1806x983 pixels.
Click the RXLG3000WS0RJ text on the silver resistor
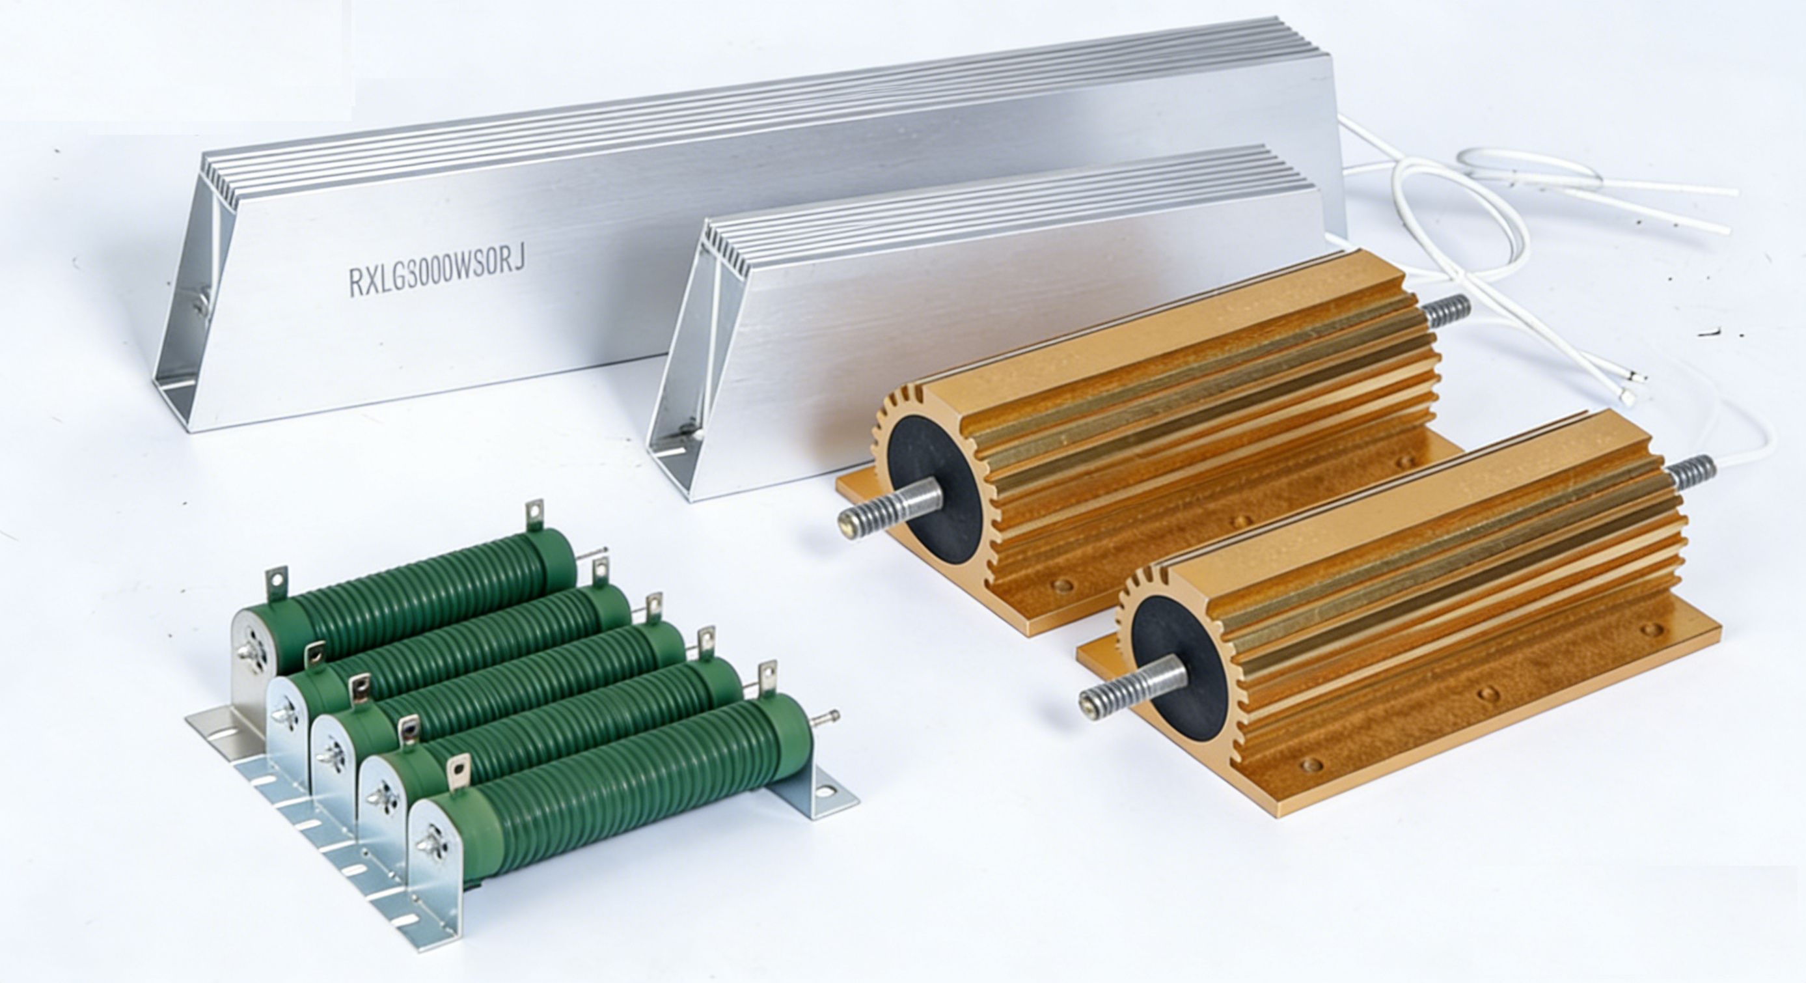coord(437,271)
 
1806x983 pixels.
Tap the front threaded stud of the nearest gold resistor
coord(1132,690)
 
